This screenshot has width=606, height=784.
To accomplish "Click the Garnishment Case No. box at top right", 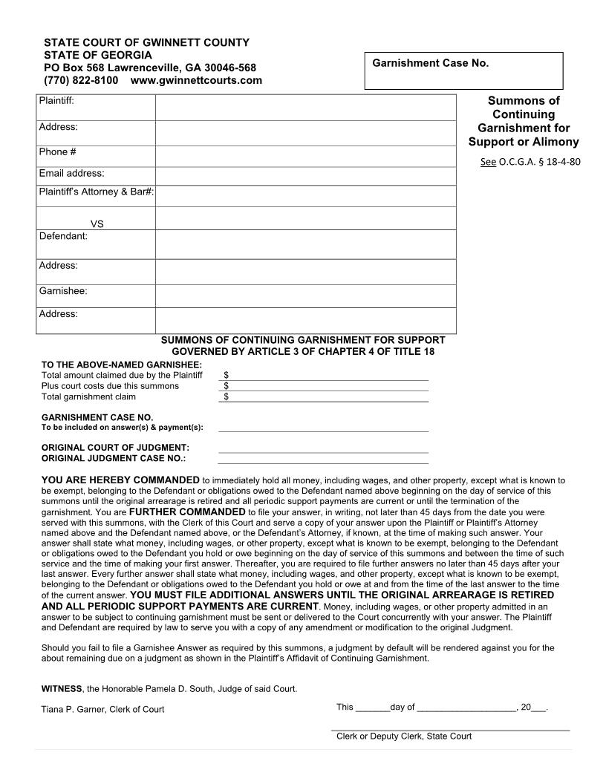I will click(463, 71).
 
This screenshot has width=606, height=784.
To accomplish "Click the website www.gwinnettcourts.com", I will click(196, 80).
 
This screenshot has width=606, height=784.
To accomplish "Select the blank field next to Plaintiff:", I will click(305, 108).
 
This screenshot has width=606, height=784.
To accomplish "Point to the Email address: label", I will click(71, 174).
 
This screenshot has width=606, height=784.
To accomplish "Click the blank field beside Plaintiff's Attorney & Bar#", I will click(305, 195).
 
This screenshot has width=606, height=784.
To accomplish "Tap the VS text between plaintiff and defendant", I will click(97, 223).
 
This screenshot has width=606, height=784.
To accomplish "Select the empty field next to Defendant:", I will click(305, 244).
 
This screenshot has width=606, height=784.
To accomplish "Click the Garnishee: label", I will click(63, 291).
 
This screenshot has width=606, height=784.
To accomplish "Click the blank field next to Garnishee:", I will click(305, 295).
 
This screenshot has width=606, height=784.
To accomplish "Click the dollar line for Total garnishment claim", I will click(325, 397).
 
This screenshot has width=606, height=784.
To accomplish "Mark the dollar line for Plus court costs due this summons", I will click(325, 386).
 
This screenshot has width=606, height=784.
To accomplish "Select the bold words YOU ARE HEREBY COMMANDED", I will click(120, 480).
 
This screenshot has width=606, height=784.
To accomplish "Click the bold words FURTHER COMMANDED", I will click(186, 512).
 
